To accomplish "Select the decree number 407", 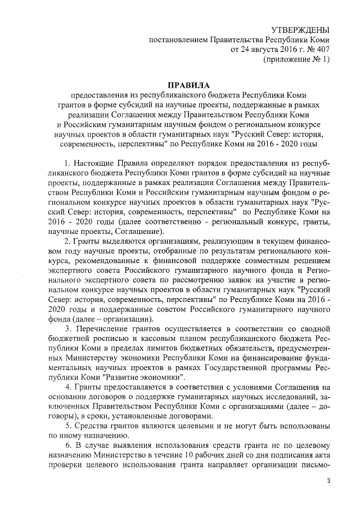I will pos(322,50).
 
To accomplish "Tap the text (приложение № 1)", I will pos(296,61).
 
